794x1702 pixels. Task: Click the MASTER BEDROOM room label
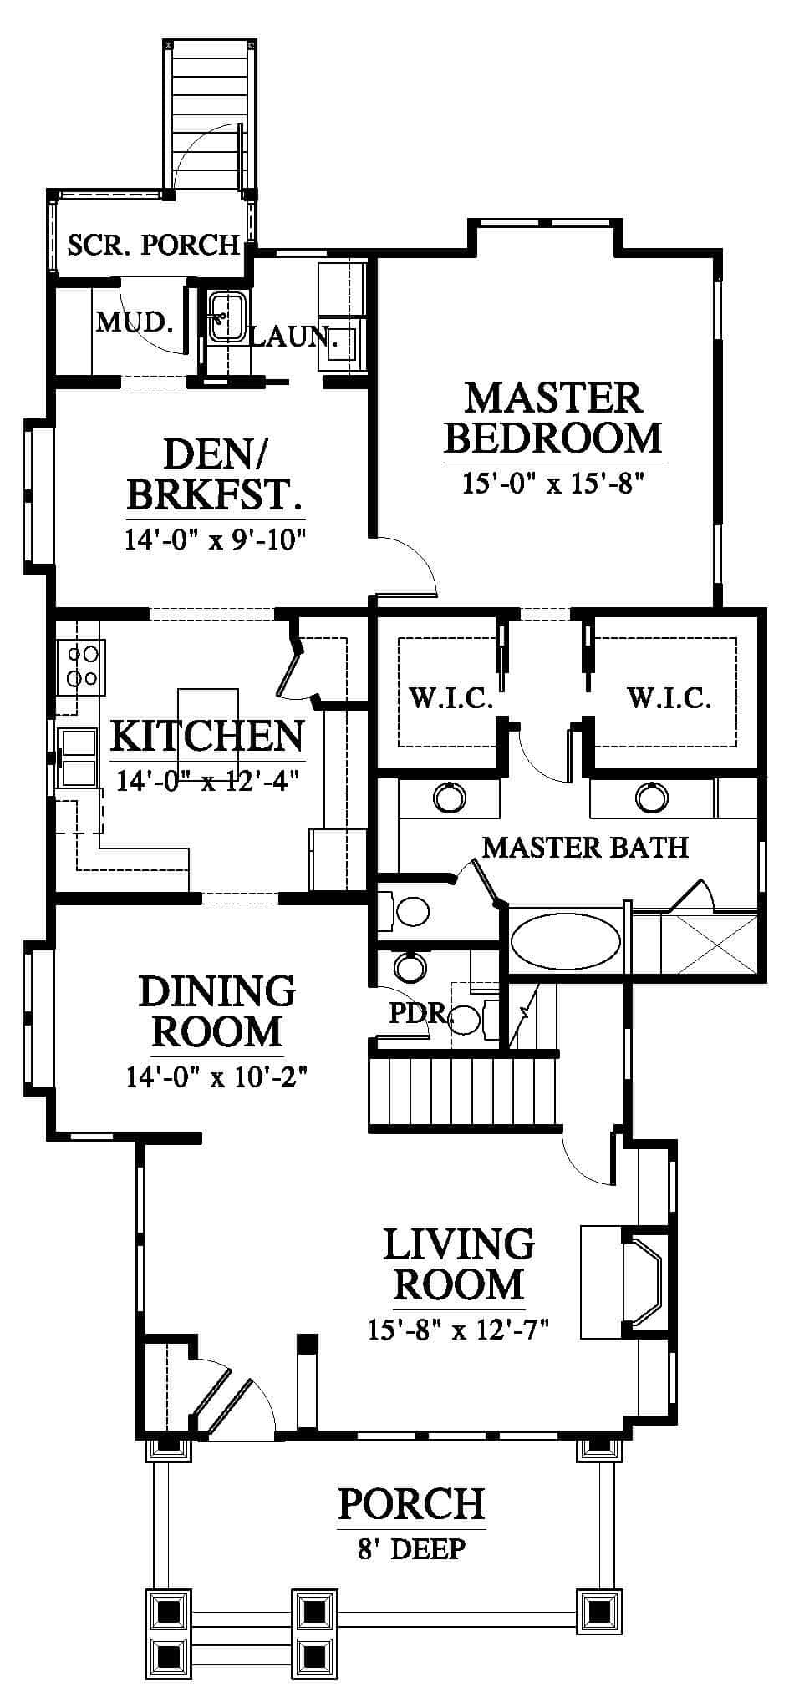[552, 418]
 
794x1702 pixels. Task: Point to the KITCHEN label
[207, 736]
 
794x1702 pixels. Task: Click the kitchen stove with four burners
[82, 666]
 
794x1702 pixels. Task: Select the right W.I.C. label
[669, 697]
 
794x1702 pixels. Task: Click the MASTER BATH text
[586, 848]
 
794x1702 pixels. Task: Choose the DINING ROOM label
[217, 1011]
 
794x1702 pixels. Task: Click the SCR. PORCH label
[154, 245]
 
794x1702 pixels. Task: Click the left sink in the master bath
[449, 798]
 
